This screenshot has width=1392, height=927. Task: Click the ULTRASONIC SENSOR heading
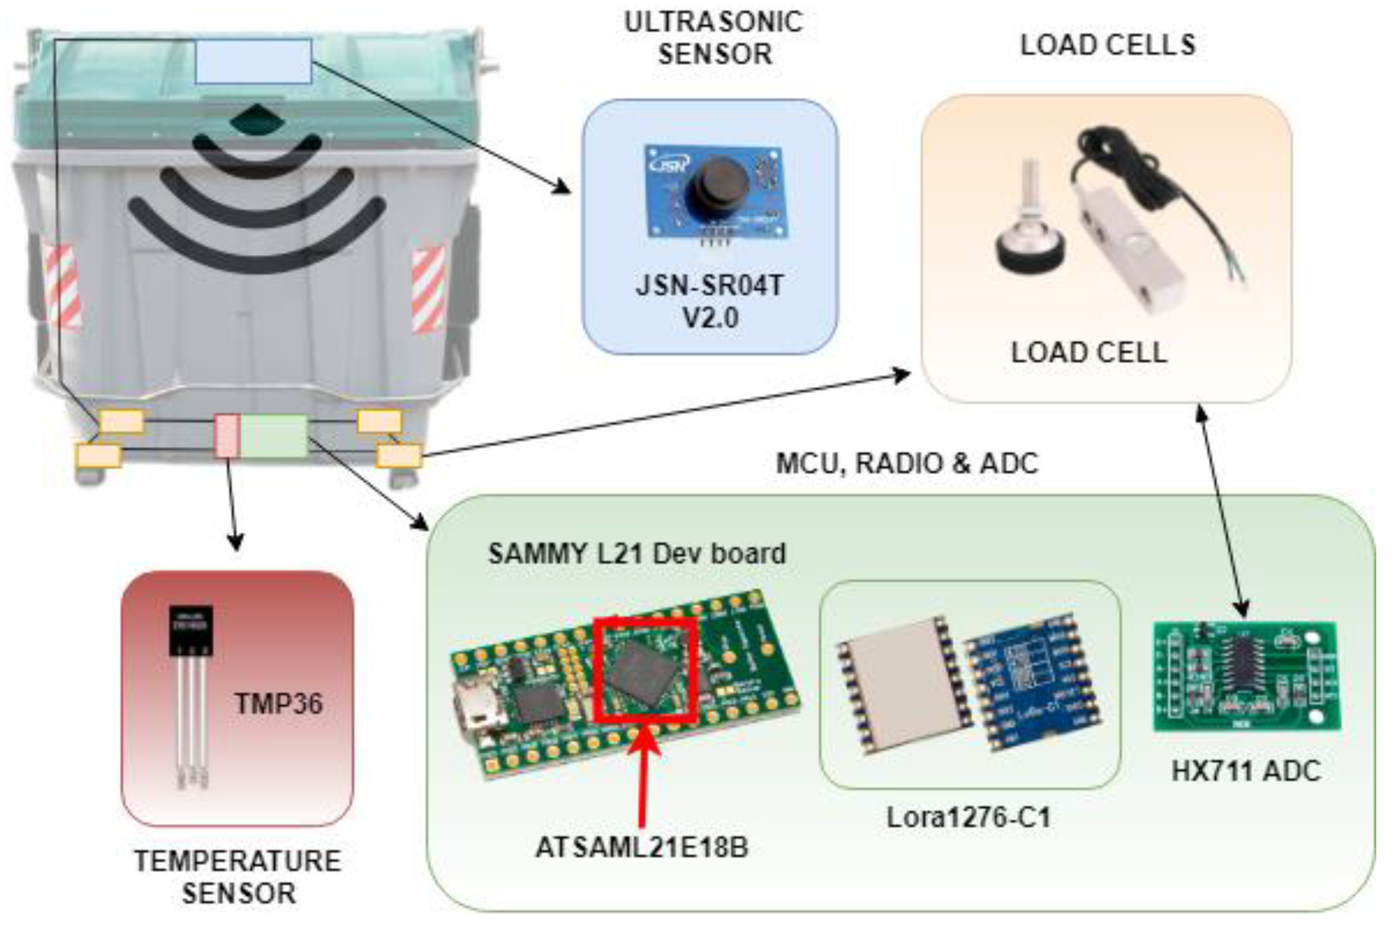[714, 38]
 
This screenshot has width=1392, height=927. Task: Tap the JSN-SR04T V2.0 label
[709, 301]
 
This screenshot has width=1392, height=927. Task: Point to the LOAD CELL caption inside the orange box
[1089, 353]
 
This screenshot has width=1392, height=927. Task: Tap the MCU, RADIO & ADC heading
[906, 463]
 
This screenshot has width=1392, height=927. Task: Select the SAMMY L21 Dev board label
[636, 554]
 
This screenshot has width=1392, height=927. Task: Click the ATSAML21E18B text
[642, 847]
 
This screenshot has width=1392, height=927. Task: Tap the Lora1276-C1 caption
[969, 818]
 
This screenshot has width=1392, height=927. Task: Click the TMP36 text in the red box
[279, 704]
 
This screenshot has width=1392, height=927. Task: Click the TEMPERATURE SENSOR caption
[238, 877]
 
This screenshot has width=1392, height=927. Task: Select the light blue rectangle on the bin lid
[253, 61]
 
